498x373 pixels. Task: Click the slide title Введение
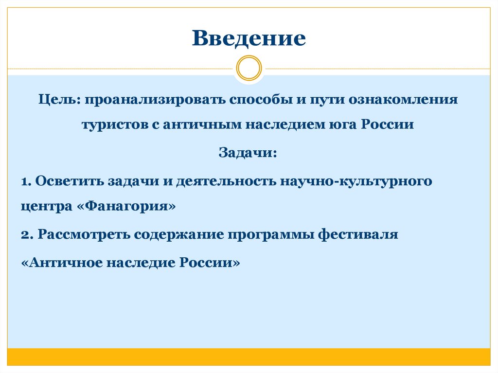(249, 38)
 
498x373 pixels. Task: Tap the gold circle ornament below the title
(249, 68)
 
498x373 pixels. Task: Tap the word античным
(202, 124)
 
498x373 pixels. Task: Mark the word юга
(342, 124)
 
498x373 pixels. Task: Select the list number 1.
(25, 181)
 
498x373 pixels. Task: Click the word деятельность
(226, 181)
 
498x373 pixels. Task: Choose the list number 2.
(26, 234)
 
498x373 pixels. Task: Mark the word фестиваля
(358, 234)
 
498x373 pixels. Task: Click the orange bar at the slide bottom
(249, 356)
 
